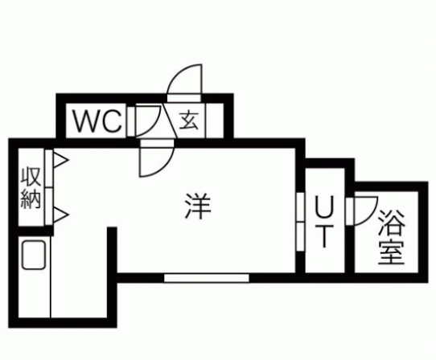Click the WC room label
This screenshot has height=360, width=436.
pos(97,121)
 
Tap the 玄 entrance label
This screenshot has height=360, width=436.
pos(189,121)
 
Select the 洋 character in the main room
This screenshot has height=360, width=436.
pos(198,206)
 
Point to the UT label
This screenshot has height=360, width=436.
pos(324,222)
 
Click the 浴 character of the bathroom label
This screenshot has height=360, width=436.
pos(392,223)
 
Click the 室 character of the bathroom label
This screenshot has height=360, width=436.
pos(392,251)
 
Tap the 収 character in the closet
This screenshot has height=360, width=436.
pos(31,177)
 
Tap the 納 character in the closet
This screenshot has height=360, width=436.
pos(31,199)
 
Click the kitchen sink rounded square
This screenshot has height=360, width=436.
pos(34,255)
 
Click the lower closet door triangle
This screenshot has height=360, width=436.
pos(60,215)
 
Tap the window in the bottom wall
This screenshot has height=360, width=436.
pos(206,278)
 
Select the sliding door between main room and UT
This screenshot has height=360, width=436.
pos(300,222)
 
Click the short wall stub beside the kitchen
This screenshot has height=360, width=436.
pos(112,250)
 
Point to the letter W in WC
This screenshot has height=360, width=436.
pos(86,121)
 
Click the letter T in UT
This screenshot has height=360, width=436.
pos(324,236)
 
